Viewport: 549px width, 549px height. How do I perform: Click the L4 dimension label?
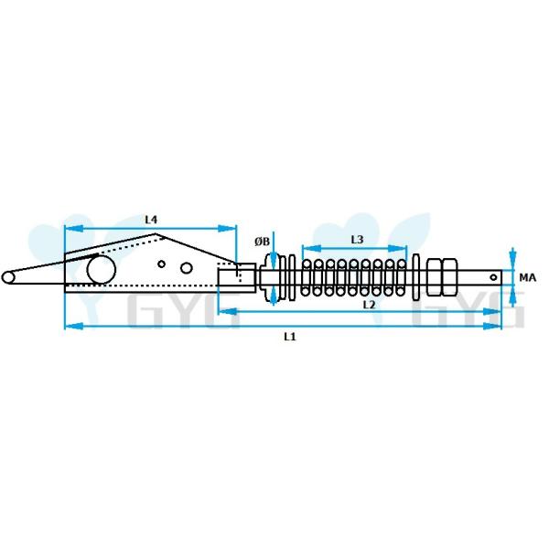[x=152, y=220]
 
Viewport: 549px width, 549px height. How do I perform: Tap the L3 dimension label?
[x=357, y=240]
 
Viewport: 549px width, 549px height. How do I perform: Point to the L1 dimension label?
[x=289, y=337]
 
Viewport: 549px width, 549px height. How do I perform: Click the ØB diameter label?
[x=263, y=242]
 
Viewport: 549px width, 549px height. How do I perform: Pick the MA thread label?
[x=527, y=276]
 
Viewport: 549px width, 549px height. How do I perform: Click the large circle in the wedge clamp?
[x=99, y=271]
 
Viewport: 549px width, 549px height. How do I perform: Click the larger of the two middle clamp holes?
[x=187, y=268]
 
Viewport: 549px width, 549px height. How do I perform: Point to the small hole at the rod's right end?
[x=494, y=275]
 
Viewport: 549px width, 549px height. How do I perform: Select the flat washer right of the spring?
[x=418, y=275]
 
